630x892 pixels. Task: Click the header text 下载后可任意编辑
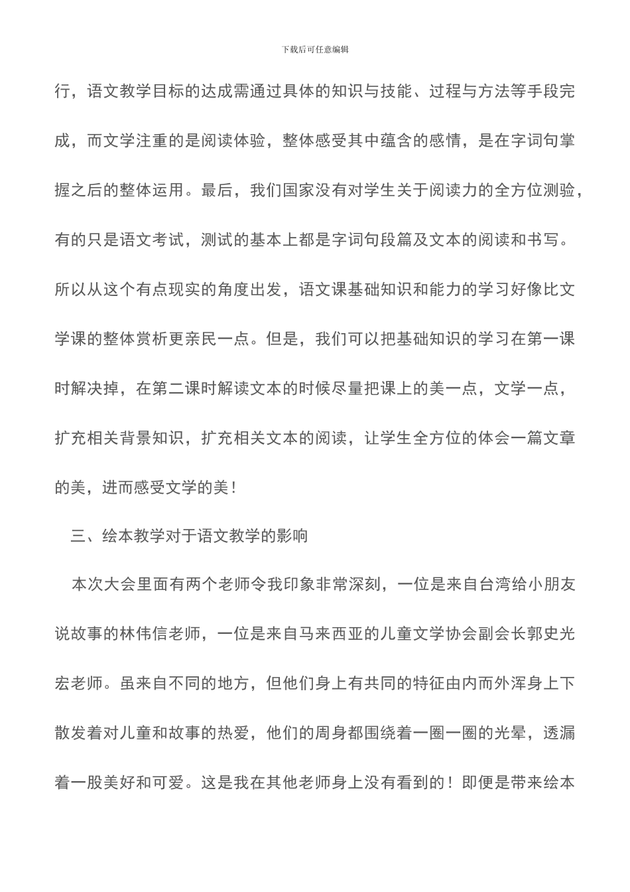315,49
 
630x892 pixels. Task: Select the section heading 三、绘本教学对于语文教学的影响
189,536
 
